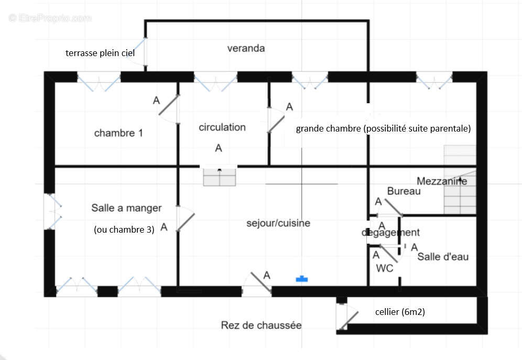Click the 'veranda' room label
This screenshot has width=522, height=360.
[x=246, y=49]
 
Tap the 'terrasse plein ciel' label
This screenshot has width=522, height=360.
[x=100, y=53]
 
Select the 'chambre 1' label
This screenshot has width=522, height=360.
[x=118, y=133]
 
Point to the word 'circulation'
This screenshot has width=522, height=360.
[x=222, y=127]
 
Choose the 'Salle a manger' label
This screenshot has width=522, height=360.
[x=126, y=208]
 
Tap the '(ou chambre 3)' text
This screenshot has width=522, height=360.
[x=124, y=229]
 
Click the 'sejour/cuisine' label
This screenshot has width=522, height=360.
[x=278, y=223]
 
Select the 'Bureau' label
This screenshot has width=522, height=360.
[x=404, y=191]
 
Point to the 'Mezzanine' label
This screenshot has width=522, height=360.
[x=442, y=181]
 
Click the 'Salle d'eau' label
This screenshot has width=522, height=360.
[x=443, y=257]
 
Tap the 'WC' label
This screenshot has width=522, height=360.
[x=384, y=268]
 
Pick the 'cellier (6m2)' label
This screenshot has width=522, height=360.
[x=400, y=312]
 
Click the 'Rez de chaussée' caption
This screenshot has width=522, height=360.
[x=261, y=325]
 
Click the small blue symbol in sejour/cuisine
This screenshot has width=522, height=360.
[x=301, y=279]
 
